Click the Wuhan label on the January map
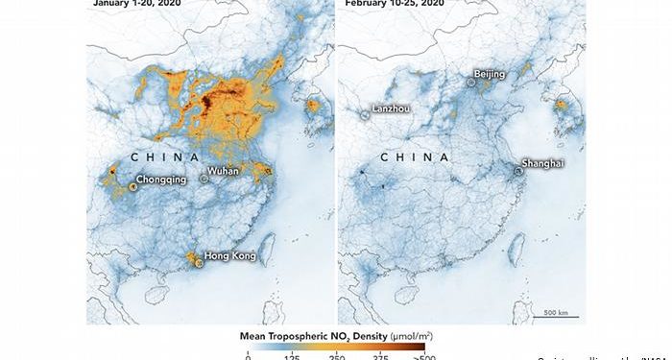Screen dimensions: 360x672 coord(223,170)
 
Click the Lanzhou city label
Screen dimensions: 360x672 coord(391,108)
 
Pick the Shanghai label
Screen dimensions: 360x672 coord(542,163)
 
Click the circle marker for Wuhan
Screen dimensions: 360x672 coord(204,179)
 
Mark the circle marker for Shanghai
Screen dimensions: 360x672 coord(518,171)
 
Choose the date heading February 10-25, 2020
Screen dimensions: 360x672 coord(393,4)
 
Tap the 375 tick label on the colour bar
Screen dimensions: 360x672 coord(381,355)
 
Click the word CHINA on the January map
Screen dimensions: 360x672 coord(165,156)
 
